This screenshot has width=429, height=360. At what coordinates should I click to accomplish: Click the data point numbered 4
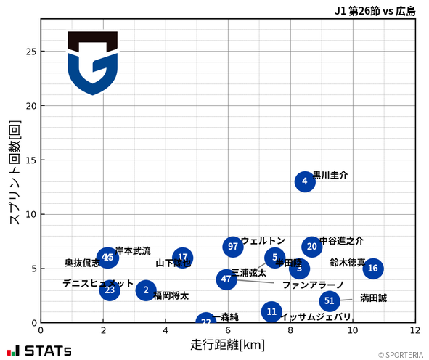coord(305,181)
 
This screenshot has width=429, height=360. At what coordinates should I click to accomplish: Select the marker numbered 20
coord(312,247)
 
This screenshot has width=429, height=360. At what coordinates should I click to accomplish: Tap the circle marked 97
coord(232,247)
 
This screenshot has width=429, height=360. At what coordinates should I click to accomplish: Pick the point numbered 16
coord(373,269)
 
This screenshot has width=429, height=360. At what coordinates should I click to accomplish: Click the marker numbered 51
coord(330,300)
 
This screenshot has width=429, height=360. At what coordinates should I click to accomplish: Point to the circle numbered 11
coord(271,312)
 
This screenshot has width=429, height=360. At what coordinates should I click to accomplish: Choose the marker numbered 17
coord(183,257)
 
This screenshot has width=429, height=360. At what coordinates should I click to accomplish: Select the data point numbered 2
coord(146,290)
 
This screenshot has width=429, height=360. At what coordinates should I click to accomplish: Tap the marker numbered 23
coord(110,290)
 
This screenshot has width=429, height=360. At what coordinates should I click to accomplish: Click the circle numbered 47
coord(226,279)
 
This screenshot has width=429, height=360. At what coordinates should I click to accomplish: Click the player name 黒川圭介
coord(330,176)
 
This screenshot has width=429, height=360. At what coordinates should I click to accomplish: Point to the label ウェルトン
coord(263,241)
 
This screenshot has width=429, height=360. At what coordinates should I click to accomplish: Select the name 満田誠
coord(373,298)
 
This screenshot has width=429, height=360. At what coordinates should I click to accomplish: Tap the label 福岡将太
coord(171,296)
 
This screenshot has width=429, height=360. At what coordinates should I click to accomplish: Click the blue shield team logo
coord(92,63)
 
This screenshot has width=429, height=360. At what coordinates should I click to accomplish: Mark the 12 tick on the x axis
coord(415,330)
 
